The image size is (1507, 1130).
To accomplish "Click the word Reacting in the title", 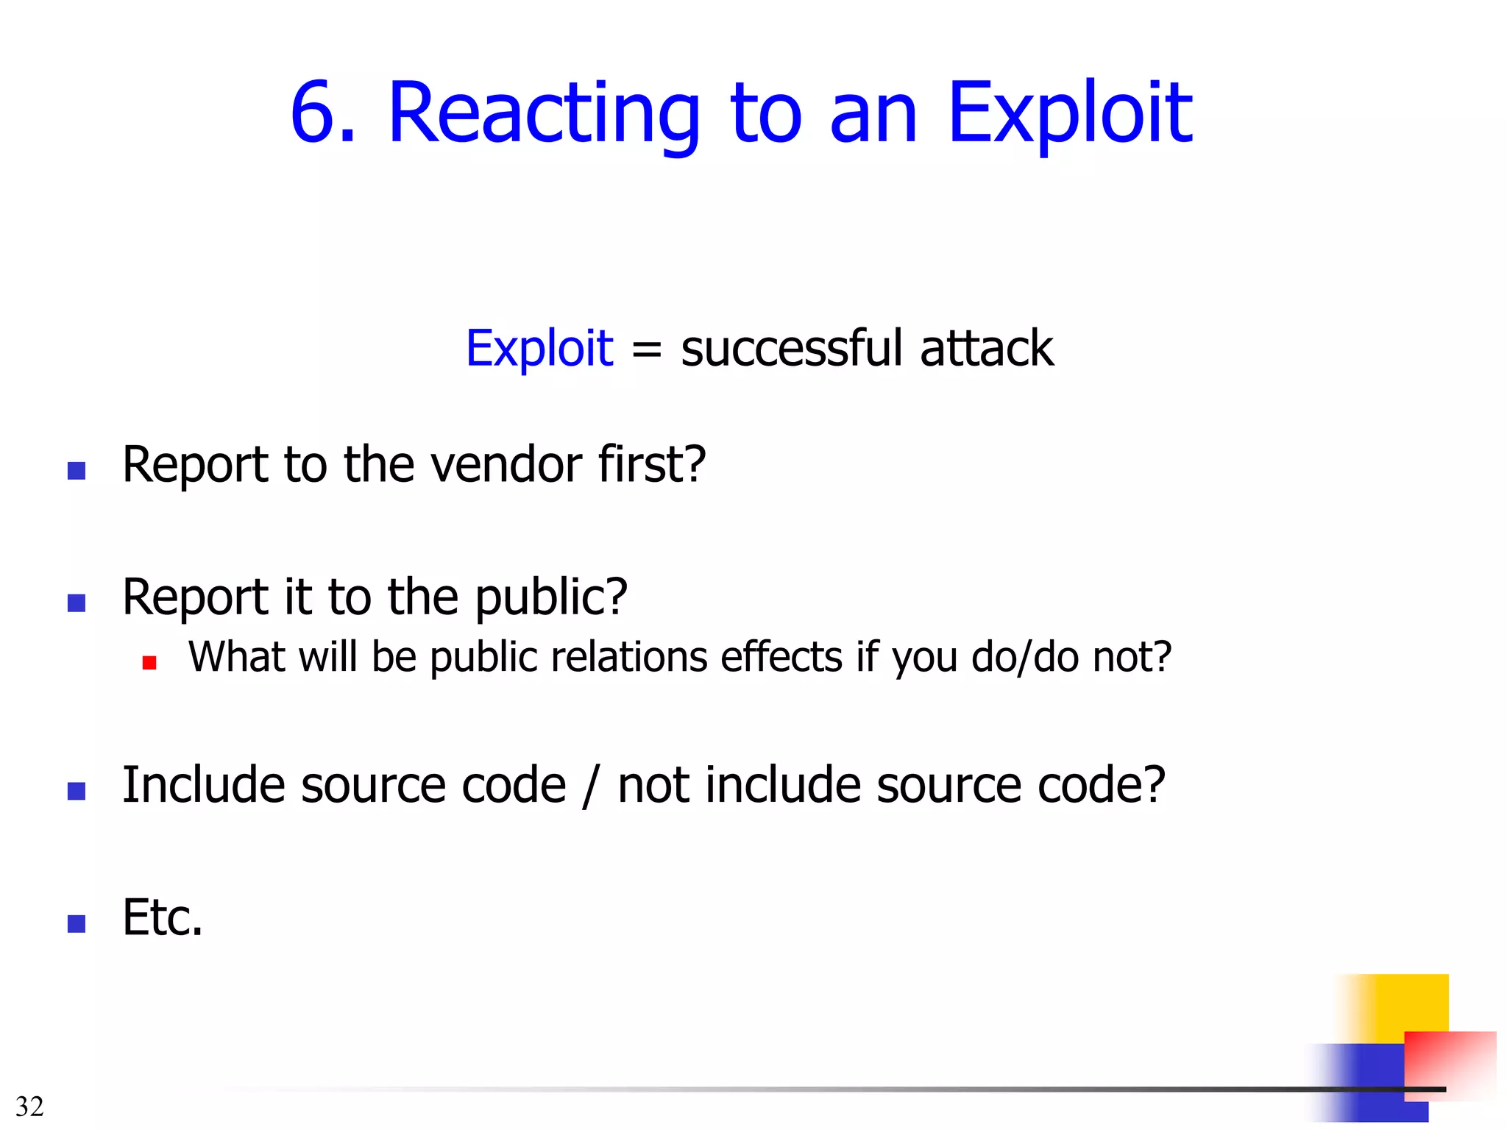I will pos(543,114).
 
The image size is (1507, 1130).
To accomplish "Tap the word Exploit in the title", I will pos(1070,114).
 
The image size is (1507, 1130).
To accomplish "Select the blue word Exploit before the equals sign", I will pos(539,348).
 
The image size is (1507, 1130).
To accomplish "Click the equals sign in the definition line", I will pos(647,349).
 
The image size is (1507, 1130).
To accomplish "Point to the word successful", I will pos(791,348).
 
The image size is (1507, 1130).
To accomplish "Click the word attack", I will pos(986,348).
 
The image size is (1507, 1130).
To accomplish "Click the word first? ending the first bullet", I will pos(652,465).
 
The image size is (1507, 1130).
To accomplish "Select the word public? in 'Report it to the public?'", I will pos(551,597).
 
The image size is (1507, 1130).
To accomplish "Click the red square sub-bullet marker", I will pos(149,663).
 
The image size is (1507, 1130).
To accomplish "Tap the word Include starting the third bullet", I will pos(203,785).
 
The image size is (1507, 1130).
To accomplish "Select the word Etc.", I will pos(162,917).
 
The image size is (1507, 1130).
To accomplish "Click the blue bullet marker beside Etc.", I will pos(77,923).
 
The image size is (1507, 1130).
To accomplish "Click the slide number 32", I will pos(29,1106).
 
